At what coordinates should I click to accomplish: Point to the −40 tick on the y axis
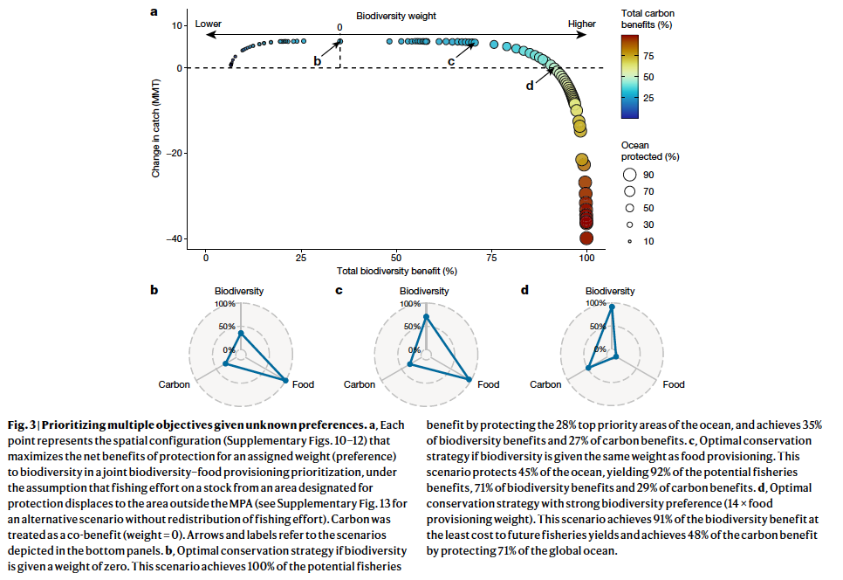[175, 238]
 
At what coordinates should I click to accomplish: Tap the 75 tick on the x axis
[492, 259]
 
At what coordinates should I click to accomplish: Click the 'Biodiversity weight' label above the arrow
[395, 16]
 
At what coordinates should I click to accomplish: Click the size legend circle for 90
[629, 175]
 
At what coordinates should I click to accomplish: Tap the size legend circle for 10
[629, 241]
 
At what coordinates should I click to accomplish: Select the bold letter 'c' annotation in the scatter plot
[451, 60]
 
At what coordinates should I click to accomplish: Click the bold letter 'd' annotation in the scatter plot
[529, 85]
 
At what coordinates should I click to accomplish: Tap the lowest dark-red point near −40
[586, 238]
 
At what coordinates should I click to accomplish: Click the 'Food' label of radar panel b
[304, 384]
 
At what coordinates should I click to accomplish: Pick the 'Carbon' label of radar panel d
[545, 384]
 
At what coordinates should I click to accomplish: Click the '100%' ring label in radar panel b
[226, 304]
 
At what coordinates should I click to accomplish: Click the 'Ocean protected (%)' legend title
[649, 151]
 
